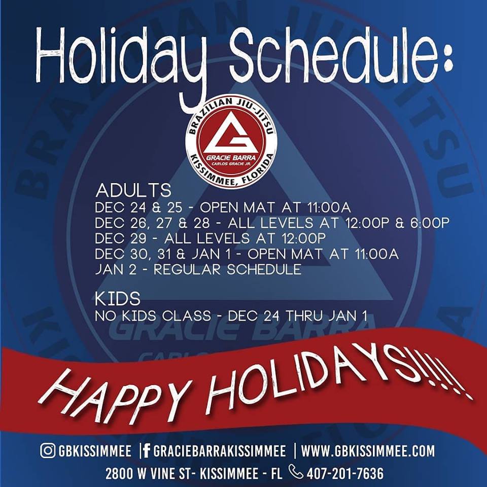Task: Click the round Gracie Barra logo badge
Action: tap(231, 142)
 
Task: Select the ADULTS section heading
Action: tap(133, 190)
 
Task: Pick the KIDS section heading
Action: tap(118, 299)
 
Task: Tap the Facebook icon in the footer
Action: tap(146, 451)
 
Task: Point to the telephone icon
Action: tap(295, 471)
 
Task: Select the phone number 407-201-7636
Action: tap(345, 474)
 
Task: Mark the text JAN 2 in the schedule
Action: tap(116, 269)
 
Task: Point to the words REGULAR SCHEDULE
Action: tap(227, 269)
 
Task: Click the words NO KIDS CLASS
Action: tap(153, 317)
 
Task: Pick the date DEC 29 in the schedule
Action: tap(121, 238)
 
